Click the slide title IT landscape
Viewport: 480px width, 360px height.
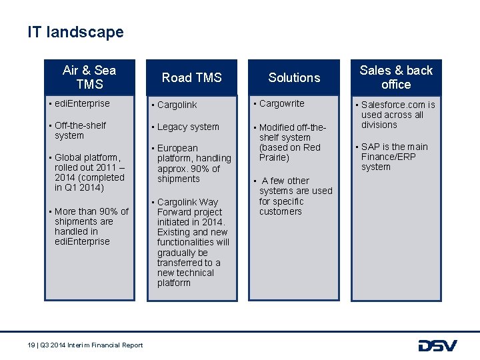coord(75,32)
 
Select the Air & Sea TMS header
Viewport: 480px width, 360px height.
coord(89,77)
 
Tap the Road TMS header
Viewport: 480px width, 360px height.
coord(191,78)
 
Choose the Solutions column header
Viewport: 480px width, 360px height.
coord(294,78)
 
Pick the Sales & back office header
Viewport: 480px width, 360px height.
coord(396,77)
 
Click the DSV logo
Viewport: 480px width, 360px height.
coord(437,345)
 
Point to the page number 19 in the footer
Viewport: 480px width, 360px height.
coord(31,345)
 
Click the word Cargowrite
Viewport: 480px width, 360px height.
coord(281,103)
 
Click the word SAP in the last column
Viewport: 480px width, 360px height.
coord(371,147)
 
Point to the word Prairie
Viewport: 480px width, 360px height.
coord(274,157)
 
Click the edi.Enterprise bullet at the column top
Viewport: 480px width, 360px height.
coord(82,103)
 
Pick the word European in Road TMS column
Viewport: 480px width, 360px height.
coord(177,148)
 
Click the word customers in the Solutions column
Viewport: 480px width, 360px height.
coord(280,211)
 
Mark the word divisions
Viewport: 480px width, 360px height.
coord(379,125)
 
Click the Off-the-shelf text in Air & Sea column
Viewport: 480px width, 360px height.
coord(80,125)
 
